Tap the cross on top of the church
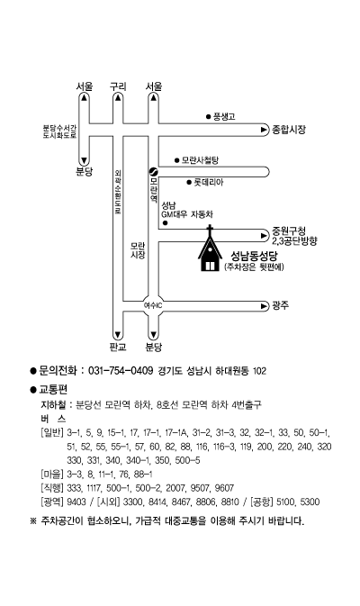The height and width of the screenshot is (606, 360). click(x=210, y=230)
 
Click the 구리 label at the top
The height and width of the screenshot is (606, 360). click(x=118, y=86)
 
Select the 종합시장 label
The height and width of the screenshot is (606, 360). click(x=289, y=130)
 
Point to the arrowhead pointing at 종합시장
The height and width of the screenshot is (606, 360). click(x=265, y=130)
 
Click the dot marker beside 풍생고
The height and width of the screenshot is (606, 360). click(x=208, y=116)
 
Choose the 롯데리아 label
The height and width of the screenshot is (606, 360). click(x=209, y=183)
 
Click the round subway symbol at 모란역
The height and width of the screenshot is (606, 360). click(x=153, y=172)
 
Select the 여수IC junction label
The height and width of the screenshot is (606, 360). click(x=153, y=306)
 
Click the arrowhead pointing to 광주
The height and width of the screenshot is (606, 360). click(x=265, y=306)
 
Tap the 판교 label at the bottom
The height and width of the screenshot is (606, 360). click(x=118, y=347)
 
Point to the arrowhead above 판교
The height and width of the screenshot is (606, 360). click(x=117, y=335)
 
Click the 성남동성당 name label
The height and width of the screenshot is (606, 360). click(x=254, y=256)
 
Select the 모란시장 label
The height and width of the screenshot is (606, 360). click(x=138, y=250)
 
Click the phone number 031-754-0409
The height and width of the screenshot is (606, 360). click(x=121, y=371)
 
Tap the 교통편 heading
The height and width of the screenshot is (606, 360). click(x=53, y=389)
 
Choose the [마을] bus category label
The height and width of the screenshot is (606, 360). click(x=52, y=475)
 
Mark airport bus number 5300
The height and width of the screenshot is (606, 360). click(x=310, y=502)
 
